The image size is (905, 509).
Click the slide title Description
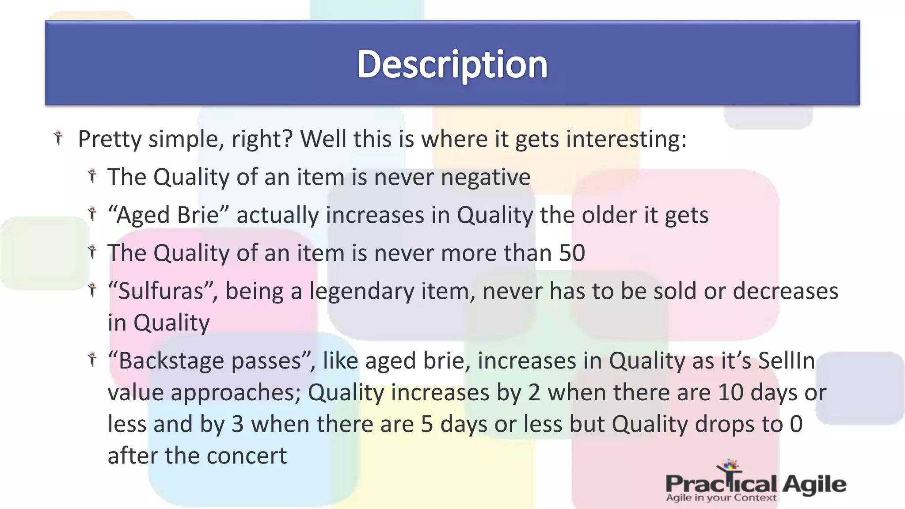coord(452,65)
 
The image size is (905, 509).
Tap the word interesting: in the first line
coord(626,139)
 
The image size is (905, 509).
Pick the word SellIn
coord(786,361)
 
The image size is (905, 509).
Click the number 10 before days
coord(730,392)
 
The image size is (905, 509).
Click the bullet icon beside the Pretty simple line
coord(58,137)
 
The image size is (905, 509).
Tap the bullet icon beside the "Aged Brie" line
coord(92,213)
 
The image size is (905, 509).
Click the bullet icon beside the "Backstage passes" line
coord(92,359)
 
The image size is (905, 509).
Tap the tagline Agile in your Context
coord(721,498)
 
